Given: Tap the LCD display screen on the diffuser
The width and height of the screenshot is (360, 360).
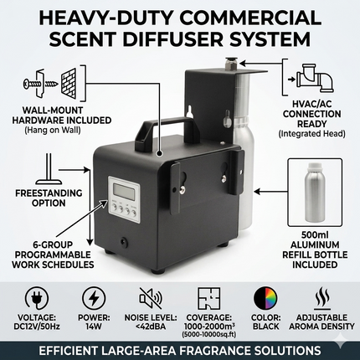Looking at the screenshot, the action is point(122,190).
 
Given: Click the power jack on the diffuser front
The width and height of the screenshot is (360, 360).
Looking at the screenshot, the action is point(123,241).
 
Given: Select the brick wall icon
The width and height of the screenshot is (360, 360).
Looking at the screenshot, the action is point(69,83).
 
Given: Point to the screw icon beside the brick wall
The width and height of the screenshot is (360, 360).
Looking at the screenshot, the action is point(40,83).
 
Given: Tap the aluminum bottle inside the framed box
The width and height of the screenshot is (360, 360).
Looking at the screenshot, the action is point(316,191).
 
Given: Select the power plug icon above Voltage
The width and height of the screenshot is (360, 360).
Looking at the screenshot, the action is point(37,299).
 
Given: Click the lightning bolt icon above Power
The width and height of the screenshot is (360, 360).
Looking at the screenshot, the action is point(94,299).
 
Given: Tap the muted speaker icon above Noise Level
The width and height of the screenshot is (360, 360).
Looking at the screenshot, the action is point(151,298).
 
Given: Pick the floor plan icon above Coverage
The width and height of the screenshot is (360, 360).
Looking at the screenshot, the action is point(208,298).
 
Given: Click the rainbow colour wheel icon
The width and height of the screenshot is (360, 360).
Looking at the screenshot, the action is point(265,299).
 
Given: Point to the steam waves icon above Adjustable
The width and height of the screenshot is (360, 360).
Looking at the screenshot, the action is point(322,299).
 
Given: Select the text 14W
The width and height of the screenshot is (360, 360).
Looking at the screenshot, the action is point(94,327).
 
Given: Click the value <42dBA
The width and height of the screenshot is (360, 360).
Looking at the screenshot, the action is point(151,327).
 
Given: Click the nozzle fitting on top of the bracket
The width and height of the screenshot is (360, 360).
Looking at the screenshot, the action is point(231,64).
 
